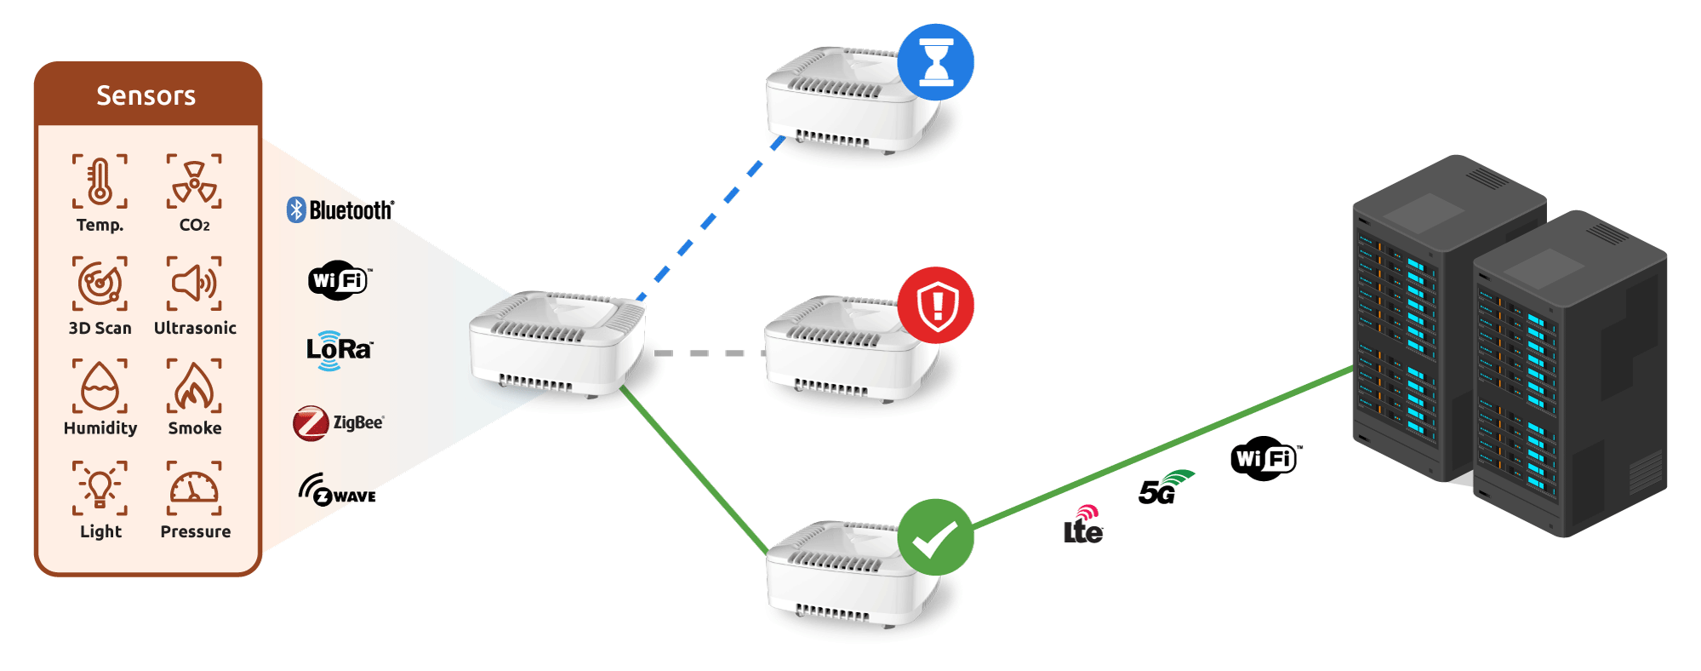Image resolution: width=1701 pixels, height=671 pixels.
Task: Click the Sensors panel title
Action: click(x=146, y=95)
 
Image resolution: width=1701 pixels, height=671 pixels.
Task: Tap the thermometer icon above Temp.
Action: click(x=100, y=181)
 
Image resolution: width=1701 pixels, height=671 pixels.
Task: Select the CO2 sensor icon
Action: click(x=195, y=181)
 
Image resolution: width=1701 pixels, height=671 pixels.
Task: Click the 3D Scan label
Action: click(x=100, y=328)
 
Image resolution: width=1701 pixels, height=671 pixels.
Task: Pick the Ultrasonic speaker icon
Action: click(x=195, y=283)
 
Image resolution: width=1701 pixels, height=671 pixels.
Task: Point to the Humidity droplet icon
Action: click(x=100, y=386)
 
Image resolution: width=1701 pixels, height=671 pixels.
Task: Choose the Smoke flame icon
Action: click(x=195, y=386)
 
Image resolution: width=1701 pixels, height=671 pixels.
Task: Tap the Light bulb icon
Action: click(x=100, y=488)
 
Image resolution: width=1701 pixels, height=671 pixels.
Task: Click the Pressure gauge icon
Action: click(x=195, y=488)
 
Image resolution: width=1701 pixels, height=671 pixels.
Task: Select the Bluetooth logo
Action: click(x=340, y=209)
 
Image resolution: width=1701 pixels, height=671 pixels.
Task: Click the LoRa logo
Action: click(x=339, y=350)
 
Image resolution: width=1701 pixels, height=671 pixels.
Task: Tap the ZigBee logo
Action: click(x=338, y=423)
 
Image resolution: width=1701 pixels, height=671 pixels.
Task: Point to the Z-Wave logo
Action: click(x=337, y=490)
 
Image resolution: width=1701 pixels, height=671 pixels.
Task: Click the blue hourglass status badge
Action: click(x=935, y=62)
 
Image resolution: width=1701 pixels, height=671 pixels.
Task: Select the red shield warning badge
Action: click(x=935, y=305)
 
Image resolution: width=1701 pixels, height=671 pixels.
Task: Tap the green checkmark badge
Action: click(x=935, y=537)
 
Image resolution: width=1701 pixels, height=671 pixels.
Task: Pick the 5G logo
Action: click(x=1164, y=488)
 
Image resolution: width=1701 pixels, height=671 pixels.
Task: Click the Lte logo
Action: click(x=1083, y=525)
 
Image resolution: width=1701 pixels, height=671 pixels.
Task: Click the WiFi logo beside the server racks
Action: click(x=1264, y=459)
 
